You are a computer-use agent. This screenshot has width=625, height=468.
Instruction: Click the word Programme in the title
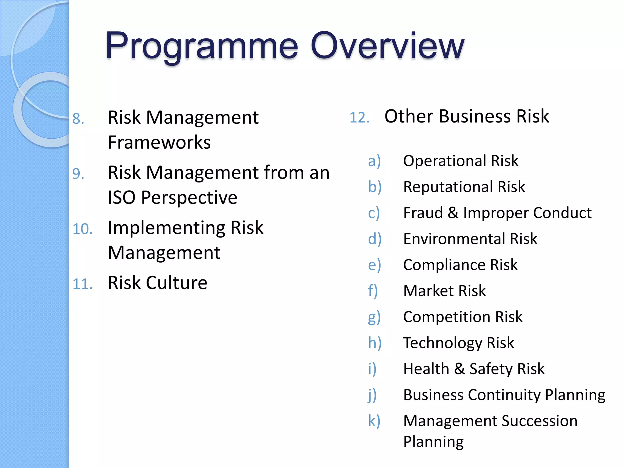coord(201,46)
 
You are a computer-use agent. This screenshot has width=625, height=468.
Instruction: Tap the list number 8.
coord(78,119)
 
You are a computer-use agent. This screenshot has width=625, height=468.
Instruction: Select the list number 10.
coord(82,229)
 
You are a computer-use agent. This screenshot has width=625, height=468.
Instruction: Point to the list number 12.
coord(359,118)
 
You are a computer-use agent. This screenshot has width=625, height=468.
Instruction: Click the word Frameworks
coord(159,142)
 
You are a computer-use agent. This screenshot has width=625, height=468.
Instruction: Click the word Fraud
coord(423,213)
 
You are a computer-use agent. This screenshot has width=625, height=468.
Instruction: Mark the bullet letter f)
coord(373,291)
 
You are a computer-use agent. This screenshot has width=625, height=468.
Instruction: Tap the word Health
coord(426,369)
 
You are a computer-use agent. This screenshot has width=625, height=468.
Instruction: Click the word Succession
coord(539,421)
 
